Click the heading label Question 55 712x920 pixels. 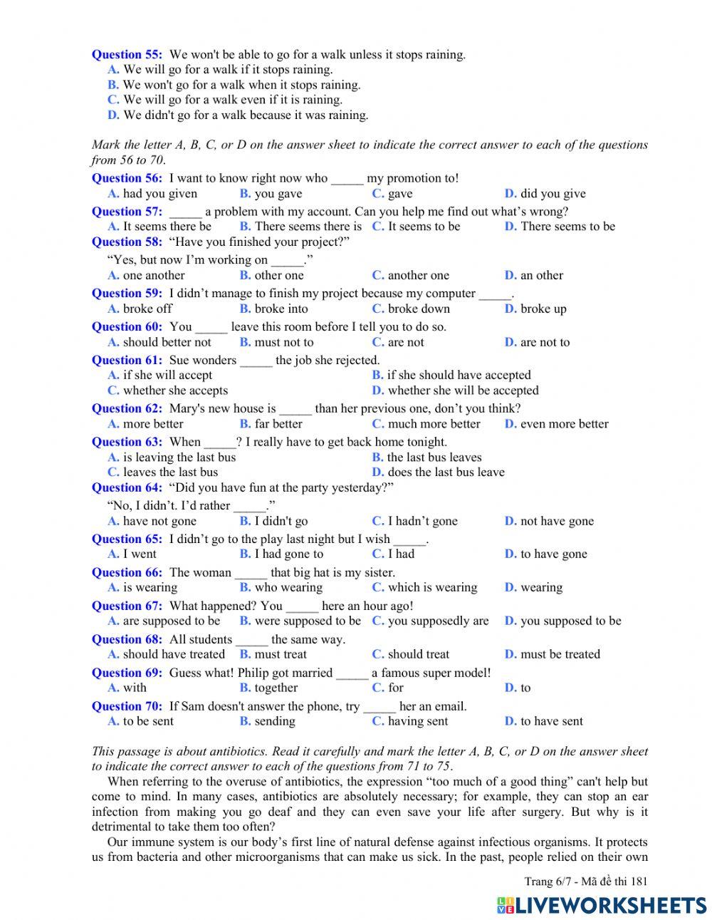[127, 54]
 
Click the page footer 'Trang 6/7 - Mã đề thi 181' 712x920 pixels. [585, 882]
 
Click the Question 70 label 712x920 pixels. [127, 706]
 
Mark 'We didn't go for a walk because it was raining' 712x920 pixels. [245, 115]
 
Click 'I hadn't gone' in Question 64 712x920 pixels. [422, 521]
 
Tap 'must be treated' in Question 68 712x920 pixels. [560, 654]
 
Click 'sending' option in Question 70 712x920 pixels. [274, 721]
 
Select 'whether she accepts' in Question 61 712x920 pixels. [175, 391]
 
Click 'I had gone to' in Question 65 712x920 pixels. [288, 554]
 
